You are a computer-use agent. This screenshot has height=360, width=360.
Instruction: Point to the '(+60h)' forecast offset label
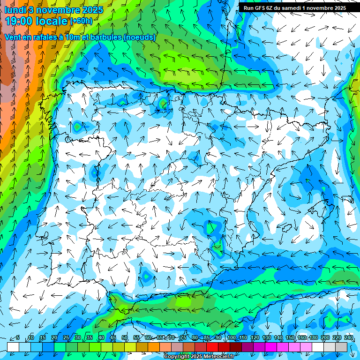point(81,21)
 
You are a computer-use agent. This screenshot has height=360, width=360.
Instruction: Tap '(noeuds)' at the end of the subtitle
point(140,37)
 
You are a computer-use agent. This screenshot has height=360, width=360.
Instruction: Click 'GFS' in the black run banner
point(263,7)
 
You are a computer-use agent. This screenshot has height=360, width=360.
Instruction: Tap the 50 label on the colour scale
point(125,338)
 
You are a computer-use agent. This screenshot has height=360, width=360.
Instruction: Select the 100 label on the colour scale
point(231,338)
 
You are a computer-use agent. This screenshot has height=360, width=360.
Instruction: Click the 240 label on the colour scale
point(349,338)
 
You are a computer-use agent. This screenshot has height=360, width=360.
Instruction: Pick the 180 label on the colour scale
point(313,338)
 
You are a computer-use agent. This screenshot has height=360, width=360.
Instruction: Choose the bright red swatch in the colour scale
point(212,346)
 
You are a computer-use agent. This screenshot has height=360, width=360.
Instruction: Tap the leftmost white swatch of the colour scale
point(13,346)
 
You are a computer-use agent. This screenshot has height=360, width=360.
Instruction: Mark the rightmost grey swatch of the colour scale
point(341,346)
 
